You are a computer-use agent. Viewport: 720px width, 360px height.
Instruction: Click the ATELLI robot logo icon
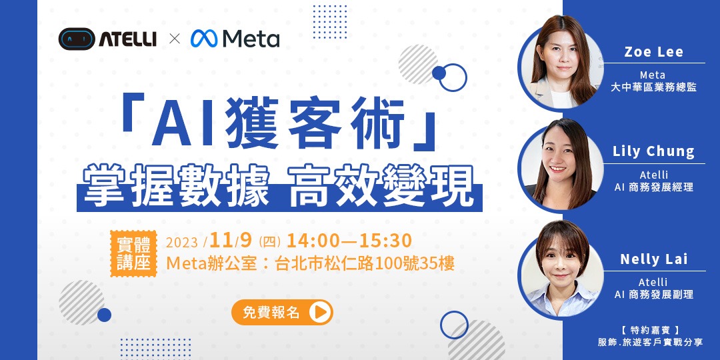tap(76, 39)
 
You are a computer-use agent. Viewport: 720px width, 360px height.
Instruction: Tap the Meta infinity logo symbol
tap(204, 39)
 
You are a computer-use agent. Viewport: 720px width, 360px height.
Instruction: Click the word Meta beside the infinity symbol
tap(251, 39)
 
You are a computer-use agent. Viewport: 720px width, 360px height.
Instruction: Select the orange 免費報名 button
tap(281, 312)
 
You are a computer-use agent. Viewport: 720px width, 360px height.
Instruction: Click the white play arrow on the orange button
tap(320, 312)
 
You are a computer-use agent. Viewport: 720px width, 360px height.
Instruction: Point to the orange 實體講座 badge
tap(133, 253)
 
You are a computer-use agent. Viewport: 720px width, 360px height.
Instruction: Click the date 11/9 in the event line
tap(233, 241)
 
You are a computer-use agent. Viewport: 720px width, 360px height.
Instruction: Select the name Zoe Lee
tap(653, 53)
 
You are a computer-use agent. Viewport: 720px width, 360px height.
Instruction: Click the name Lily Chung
tap(653, 151)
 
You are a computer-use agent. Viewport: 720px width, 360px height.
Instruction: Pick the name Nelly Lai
tap(653, 259)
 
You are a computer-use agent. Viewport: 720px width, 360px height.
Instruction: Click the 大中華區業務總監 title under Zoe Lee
tap(653, 87)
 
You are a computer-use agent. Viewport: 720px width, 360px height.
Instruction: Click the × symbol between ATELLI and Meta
tap(175, 39)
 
